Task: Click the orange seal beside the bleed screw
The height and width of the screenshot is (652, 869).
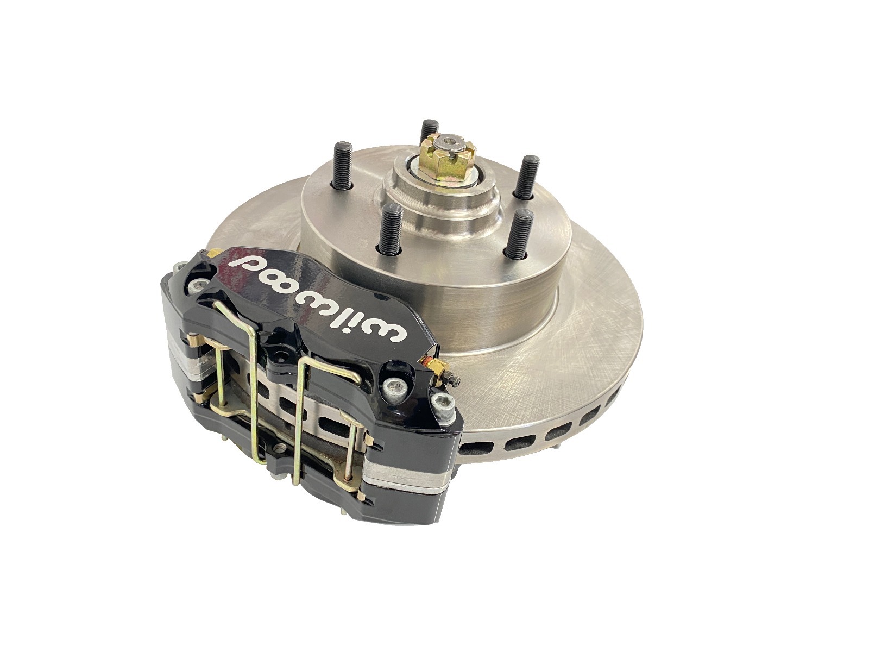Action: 427,361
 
